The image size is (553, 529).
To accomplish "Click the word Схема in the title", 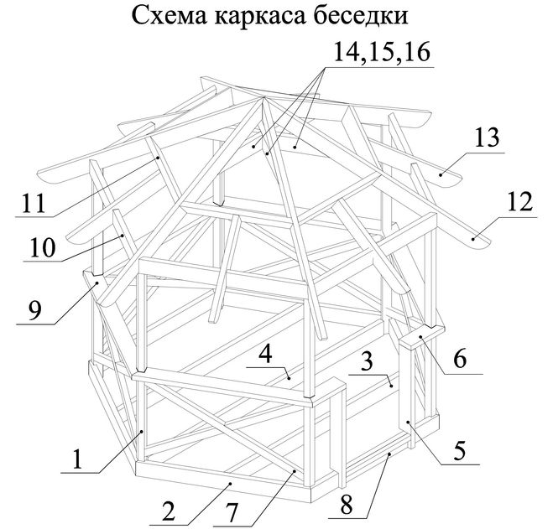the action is tap(170, 15).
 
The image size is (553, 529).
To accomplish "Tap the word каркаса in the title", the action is tap(260, 18).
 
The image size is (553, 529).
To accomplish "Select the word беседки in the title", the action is tap(361, 15).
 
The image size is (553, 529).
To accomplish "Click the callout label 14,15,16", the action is tap(382, 52).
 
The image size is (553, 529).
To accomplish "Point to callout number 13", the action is tap(487, 137).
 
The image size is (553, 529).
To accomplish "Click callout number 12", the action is tap(519, 202).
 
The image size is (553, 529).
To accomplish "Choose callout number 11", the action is tap(34, 203).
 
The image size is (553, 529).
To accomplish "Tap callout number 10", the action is tap(43, 247).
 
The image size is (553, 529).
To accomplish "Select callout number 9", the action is tap(35, 311).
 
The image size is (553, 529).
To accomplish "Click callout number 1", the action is tap(77, 459).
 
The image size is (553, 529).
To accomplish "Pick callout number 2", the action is tap(168, 511).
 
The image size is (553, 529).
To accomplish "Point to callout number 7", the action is tap(232, 514).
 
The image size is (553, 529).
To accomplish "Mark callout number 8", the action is tap(346, 505).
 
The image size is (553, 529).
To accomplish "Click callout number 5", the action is tap(460, 450).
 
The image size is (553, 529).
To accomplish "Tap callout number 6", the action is tap(460, 359).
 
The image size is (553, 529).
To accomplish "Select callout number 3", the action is tap(367, 361).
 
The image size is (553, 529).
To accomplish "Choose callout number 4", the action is tap(265, 354).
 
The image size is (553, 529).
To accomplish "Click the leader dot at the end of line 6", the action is tap(421, 337).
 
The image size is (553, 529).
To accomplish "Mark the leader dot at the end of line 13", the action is tap(441, 175).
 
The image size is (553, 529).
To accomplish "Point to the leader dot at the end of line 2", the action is tap(230, 484).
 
